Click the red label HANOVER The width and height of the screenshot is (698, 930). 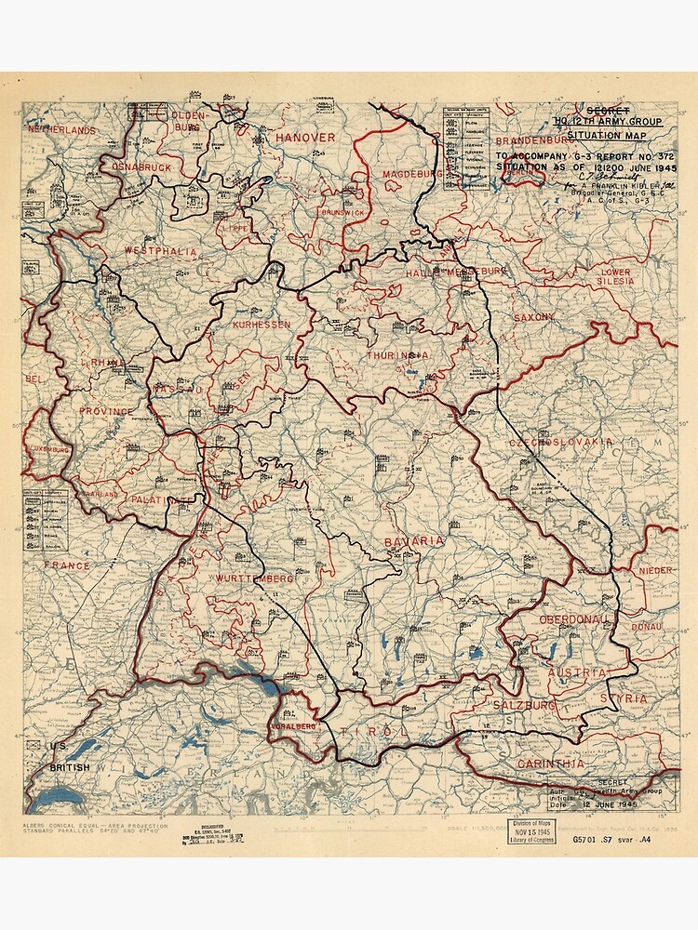coord(304,137)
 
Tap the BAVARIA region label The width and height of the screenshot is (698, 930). coord(414,540)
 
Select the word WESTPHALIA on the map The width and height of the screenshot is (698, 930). coord(160,251)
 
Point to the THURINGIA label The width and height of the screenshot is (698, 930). coord(397,355)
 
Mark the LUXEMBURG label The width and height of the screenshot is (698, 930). coord(48,449)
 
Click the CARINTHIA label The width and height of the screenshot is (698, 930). coord(554,763)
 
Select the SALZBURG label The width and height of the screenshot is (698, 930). coord(525,706)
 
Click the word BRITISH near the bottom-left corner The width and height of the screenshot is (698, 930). coord(70,767)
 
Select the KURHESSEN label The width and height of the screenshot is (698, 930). coord(261,325)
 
